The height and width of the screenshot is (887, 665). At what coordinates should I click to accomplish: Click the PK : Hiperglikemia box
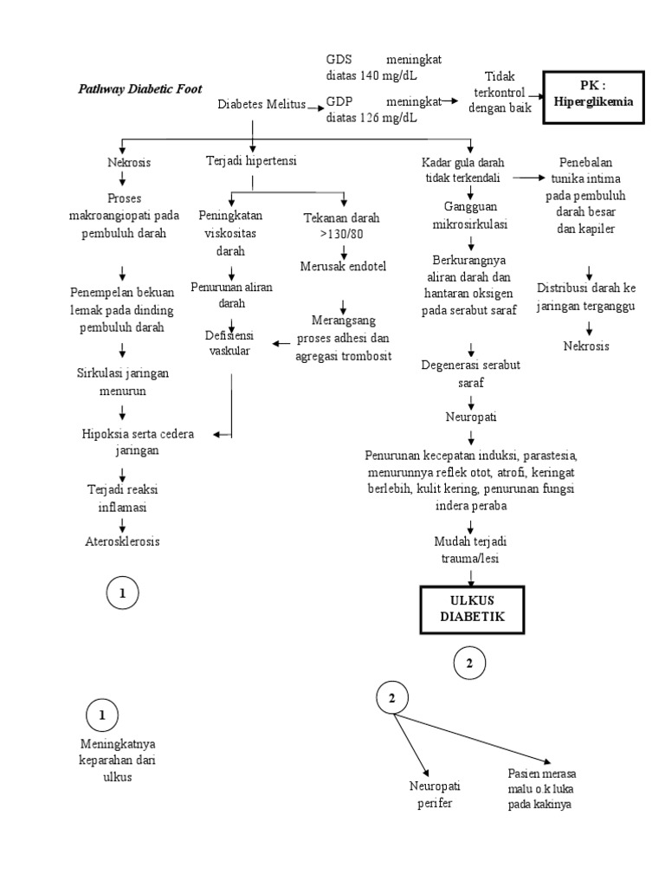click(593, 94)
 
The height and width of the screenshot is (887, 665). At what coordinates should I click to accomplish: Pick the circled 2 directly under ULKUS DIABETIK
click(469, 664)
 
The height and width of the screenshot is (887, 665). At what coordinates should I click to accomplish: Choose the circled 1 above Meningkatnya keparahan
click(102, 715)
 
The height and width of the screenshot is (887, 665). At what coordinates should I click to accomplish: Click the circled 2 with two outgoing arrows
click(392, 698)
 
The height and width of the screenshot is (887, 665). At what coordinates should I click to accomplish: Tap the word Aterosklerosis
click(122, 541)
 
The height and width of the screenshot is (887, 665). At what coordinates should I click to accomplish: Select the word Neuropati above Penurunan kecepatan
click(471, 418)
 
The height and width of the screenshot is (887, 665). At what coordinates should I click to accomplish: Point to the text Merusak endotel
click(343, 265)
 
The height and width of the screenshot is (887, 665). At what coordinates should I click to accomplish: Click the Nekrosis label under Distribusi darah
click(586, 346)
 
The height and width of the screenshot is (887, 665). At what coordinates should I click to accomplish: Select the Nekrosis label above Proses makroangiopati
click(129, 162)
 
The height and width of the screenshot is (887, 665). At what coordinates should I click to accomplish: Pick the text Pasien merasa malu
click(543, 774)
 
